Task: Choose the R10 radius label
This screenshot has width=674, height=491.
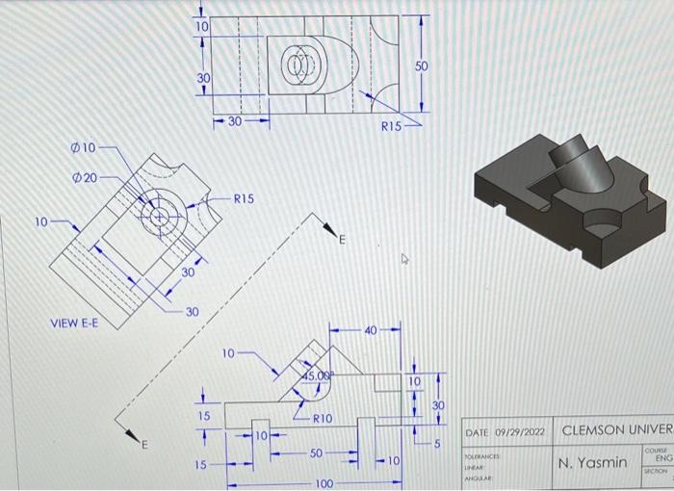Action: [x=322, y=419]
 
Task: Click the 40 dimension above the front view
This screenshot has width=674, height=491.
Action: [x=371, y=332]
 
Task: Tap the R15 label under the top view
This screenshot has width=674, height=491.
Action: [x=387, y=125]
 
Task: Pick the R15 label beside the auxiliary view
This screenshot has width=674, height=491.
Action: [x=244, y=198]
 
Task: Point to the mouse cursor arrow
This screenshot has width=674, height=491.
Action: [x=405, y=258]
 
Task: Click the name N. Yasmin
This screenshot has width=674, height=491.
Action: [x=594, y=463]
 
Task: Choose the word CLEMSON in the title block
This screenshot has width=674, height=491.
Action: [x=595, y=429]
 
